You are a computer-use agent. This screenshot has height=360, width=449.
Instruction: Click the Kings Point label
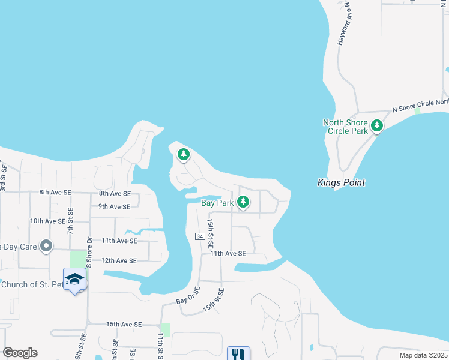(341, 182)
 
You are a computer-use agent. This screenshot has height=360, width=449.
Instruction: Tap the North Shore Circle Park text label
(345, 127)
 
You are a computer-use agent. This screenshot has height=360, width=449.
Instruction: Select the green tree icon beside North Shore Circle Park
(377, 126)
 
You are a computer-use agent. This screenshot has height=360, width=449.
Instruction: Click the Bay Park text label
(217, 203)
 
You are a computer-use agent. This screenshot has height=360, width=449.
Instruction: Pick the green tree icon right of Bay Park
(243, 203)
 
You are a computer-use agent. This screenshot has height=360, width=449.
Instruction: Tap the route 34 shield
(200, 236)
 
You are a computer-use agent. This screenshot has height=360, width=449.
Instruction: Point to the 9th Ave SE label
(115, 207)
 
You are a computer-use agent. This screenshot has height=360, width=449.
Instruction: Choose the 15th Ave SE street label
(124, 324)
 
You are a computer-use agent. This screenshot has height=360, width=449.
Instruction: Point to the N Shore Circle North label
(420, 106)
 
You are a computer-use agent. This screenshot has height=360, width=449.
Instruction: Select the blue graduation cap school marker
(75, 279)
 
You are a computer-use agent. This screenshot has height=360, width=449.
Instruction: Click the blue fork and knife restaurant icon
(238, 354)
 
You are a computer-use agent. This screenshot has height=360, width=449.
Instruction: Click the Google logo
(20, 353)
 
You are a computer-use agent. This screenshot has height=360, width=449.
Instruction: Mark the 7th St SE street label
(71, 221)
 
